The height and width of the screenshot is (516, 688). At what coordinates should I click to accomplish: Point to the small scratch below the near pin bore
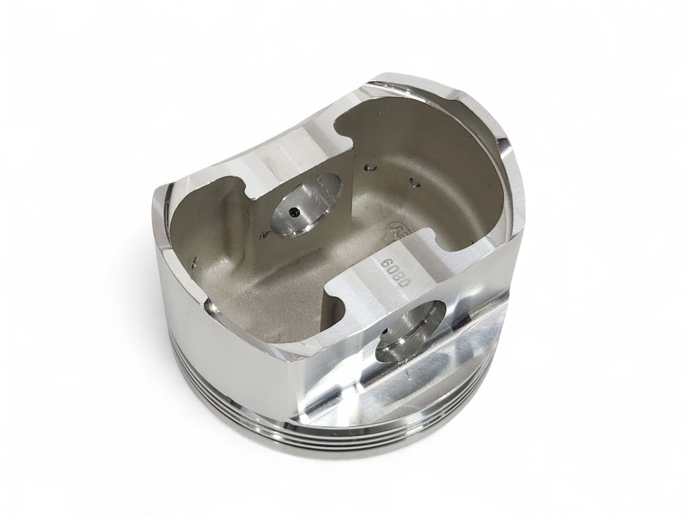pyautogui.click(x=381, y=381)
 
